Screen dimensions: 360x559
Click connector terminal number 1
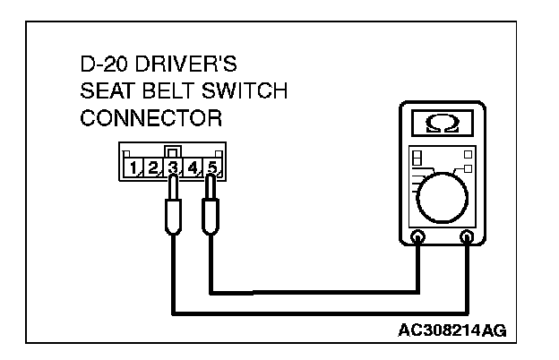click(x=134, y=167)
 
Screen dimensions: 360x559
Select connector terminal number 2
click(x=154, y=167)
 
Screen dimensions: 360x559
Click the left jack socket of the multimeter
click(x=417, y=238)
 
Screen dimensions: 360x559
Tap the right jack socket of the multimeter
click(x=467, y=238)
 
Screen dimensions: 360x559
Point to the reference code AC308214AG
click(x=452, y=330)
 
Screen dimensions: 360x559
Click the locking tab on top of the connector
click(x=174, y=151)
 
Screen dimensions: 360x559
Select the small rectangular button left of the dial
click(x=416, y=158)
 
